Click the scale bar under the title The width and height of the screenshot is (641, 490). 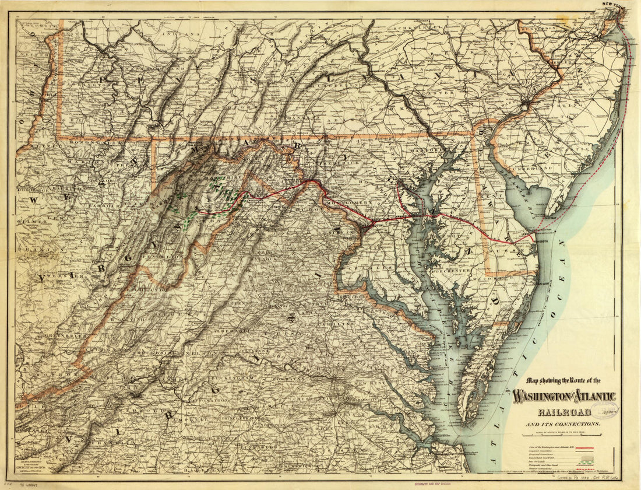click(563, 432)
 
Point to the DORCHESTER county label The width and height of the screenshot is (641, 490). click(452, 271)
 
